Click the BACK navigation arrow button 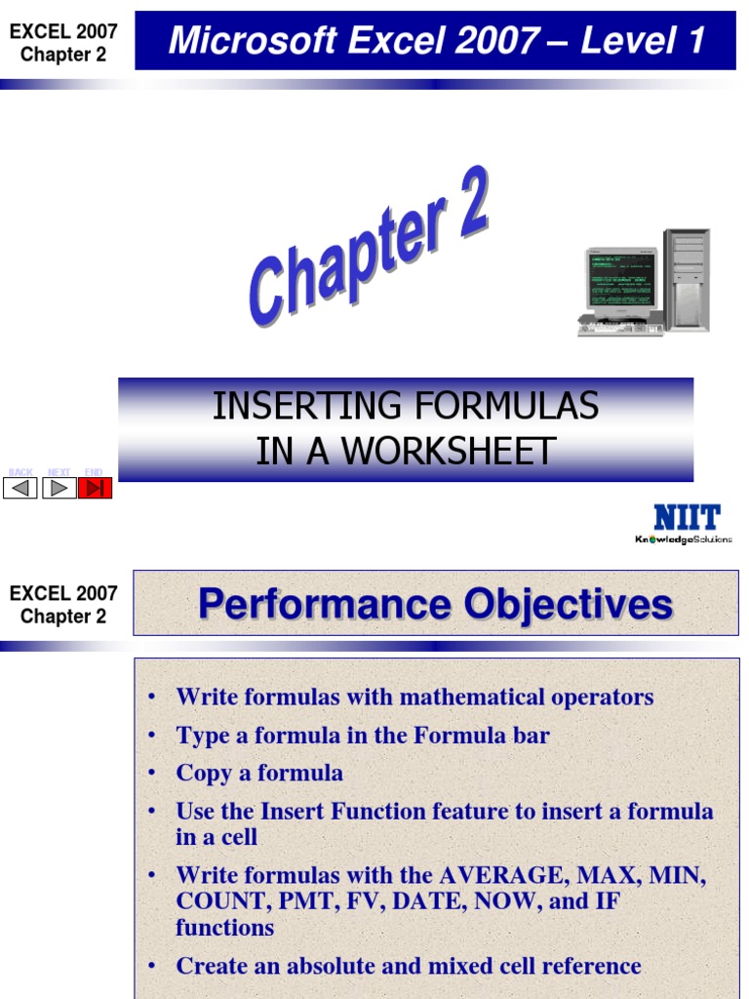click(x=20, y=488)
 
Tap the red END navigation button click(x=95, y=488)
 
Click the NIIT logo click(x=687, y=517)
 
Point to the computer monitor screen click(x=619, y=278)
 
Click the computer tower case click(x=687, y=280)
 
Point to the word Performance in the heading click(x=324, y=605)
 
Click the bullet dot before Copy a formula click(x=151, y=774)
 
